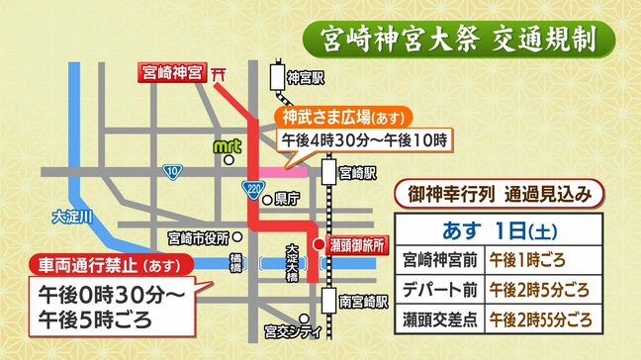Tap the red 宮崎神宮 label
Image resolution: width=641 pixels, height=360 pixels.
170,73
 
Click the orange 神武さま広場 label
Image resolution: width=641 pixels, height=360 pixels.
329,114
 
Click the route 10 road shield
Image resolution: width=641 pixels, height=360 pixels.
172,172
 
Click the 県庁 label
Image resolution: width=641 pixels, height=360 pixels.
288,198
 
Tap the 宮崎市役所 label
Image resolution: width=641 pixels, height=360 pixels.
197,238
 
